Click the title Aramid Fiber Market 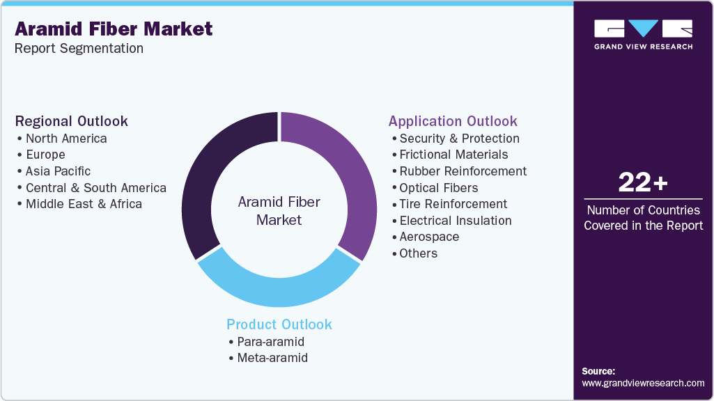[x=114, y=29]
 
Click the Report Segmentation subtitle [x=79, y=49]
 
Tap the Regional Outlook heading [x=72, y=121]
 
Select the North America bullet [x=65, y=139]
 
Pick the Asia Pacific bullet [x=57, y=171]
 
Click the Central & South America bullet [x=95, y=188]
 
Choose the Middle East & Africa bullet [x=83, y=204]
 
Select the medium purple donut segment [x=348, y=174]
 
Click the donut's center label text [x=279, y=211]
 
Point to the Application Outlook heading [x=453, y=121]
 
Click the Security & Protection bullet [x=459, y=139]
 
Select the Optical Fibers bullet [x=438, y=188]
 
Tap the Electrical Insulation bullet [x=455, y=221]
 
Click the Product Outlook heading [x=279, y=324]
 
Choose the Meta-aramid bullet [x=272, y=358]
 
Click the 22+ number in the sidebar [x=643, y=183]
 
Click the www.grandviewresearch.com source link [x=643, y=383]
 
